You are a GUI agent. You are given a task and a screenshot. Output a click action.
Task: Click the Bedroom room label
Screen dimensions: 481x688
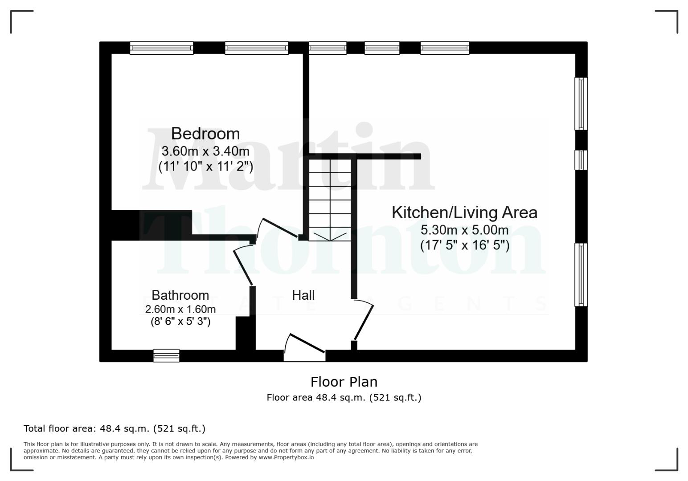[205, 134]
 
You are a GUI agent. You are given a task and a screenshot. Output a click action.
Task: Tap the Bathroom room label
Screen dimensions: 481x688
[180, 295]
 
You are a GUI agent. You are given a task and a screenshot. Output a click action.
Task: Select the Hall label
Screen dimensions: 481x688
[303, 295]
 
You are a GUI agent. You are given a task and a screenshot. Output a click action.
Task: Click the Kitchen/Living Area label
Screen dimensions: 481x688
[464, 212]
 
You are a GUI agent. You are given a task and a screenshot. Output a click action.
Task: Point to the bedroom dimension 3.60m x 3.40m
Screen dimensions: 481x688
[205, 151]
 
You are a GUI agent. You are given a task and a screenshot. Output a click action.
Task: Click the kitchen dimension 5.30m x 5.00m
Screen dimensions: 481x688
[464, 230]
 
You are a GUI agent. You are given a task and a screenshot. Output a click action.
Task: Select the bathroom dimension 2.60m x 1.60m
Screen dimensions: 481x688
[180, 309]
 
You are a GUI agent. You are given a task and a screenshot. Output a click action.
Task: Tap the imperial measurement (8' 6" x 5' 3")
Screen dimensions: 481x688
[180, 321]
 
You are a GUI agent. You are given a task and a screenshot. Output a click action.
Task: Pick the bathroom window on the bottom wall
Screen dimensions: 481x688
[166, 355]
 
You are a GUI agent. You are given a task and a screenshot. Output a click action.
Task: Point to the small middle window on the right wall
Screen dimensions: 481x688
[581, 160]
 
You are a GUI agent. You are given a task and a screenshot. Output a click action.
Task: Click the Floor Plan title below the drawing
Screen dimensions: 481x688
[344, 382]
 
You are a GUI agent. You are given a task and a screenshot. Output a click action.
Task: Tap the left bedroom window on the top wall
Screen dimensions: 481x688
[161, 48]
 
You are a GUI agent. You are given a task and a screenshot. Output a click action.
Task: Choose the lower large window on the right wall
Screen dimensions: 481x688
[581, 274]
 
